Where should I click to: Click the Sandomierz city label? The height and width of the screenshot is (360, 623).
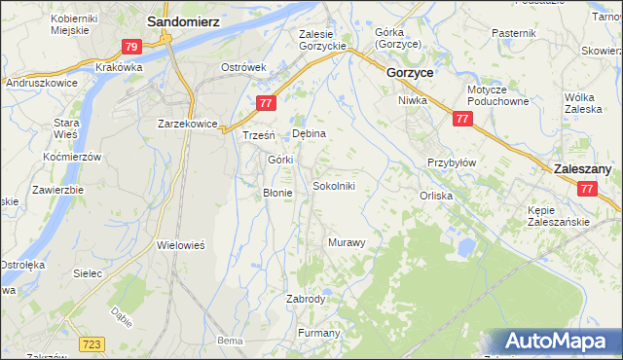click(x=183, y=19)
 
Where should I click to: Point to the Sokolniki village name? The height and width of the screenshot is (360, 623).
click(x=340, y=185)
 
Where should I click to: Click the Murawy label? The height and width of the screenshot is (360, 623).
click(x=347, y=242)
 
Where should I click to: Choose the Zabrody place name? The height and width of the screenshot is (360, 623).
click(x=306, y=299)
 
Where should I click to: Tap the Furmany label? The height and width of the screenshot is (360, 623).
click(x=319, y=334)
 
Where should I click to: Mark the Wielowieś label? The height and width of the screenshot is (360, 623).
click(x=181, y=246)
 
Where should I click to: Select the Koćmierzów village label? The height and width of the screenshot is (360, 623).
click(x=73, y=157)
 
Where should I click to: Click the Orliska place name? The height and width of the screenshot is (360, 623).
click(x=436, y=195)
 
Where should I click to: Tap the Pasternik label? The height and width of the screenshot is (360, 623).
click(x=514, y=33)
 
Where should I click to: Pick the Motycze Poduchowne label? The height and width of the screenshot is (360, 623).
click(x=497, y=95)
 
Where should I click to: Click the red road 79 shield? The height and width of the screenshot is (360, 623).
click(x=133, y=46)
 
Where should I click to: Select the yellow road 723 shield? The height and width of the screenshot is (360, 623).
click(x=92, y=344)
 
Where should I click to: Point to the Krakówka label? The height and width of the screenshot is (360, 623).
click(x=120, y=67)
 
